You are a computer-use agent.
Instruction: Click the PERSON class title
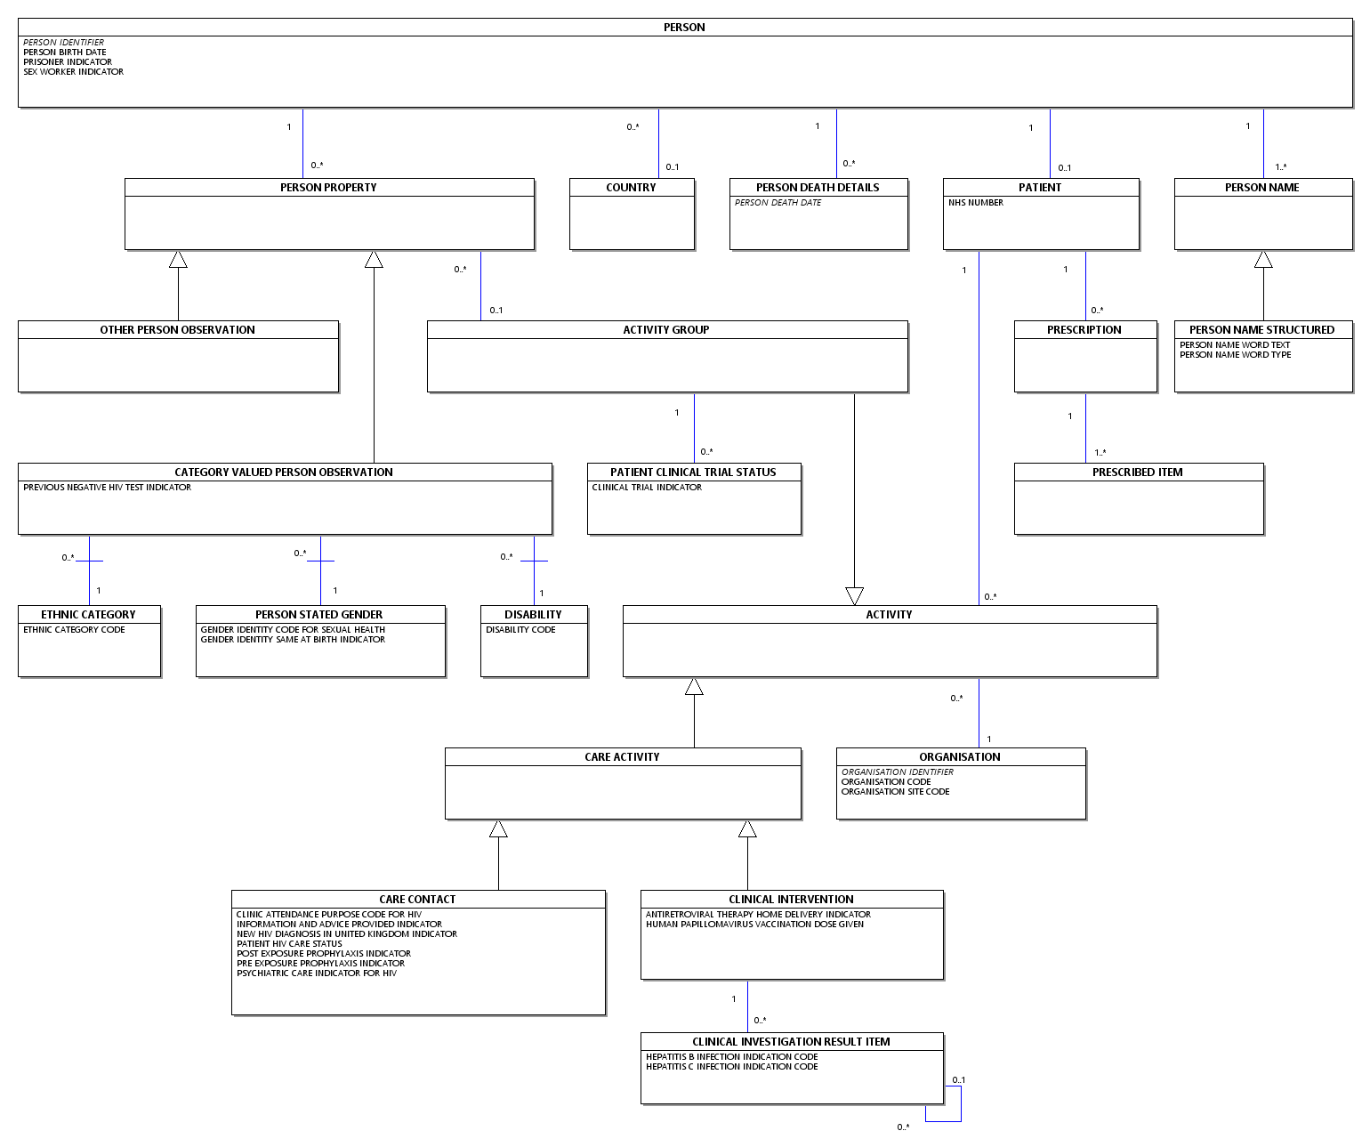[x=684, y=28]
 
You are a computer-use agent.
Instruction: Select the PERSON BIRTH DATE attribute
[x=65, y=53]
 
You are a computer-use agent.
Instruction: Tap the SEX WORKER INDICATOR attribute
[x=74, y=72]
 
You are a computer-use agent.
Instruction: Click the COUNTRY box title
[x=631, y=188]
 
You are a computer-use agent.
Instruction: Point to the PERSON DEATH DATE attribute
[x=778, y=203]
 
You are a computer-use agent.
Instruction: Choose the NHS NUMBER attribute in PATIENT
[x=976, y=203]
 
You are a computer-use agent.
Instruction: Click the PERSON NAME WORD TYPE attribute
[x=1236, y=355]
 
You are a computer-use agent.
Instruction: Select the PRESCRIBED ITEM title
[x=1138, y=473]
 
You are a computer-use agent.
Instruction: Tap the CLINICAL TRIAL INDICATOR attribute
[x=647, y=488]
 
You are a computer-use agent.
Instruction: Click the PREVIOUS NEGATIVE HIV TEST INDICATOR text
[x=107, y=488]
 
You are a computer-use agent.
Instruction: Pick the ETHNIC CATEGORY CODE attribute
[x=74, y=630]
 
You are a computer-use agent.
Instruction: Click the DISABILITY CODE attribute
[x=520, y=630]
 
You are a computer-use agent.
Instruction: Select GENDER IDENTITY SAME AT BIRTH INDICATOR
[x=293, y=640]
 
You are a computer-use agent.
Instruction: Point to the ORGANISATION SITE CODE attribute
[x=895, y=792]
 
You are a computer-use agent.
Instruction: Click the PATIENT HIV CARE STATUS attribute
[x=289, y=944]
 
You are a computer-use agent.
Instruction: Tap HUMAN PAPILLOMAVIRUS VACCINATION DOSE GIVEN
[x=754, y=925]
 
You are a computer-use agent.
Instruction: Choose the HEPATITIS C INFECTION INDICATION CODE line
[x=731, y=1067]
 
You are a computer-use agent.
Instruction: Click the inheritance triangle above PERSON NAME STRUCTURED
[x=1263, y=260]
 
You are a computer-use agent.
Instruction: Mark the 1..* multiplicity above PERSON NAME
[x=1281, y=167]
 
